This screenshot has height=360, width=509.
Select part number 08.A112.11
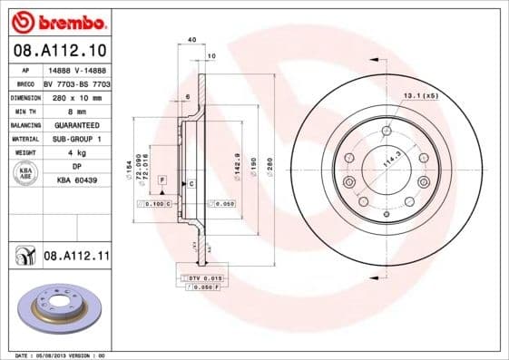pyautogui.click(x=76, y=258)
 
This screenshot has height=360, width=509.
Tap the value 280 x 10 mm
pyautogui.click(x=77, y=96)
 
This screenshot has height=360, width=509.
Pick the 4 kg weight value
pyautogui.click(x=77, y=152)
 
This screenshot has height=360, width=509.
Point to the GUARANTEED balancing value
pyautogui.click(x=77, y=124)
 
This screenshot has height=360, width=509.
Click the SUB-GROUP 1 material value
pyautogui.click(x=77, y=139)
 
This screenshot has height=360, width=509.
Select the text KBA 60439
pyautogui.click(x=77, y=181)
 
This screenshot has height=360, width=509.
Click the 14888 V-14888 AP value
pyautogui.click(x=77, y=69)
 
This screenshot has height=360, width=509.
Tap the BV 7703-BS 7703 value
pyautogui.click(x=77, y=83)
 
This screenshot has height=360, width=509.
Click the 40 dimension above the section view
pyautogui.click(x=191, y=40)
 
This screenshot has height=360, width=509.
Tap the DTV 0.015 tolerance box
pyautogui.click(x=205, y=277)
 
